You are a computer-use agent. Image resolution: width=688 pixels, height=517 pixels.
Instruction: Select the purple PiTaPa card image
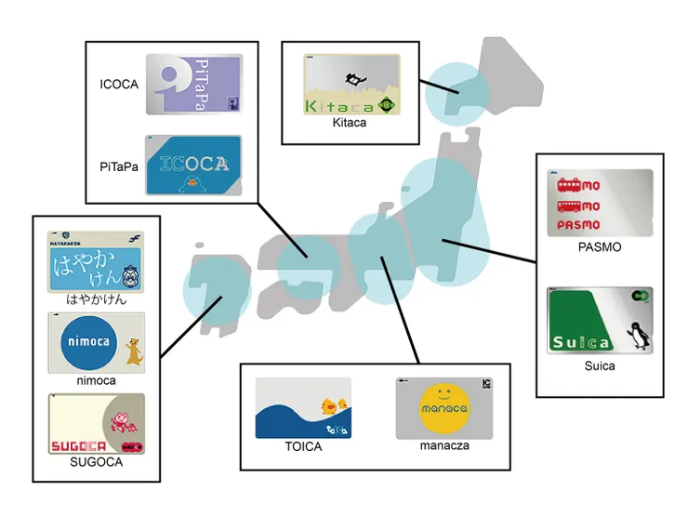click(x=193, y=85)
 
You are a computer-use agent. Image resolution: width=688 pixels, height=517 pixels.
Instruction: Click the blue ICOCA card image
click(x=193, y=166)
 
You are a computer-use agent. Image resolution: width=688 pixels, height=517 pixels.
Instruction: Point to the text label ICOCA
click(x=118, y=85)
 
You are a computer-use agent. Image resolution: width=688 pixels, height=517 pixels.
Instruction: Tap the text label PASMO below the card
click(x=599, y=247)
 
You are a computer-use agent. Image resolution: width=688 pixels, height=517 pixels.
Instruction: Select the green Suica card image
click(x=600, y=320)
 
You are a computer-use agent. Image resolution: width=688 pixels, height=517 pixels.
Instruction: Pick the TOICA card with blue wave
click(x=303, y=407)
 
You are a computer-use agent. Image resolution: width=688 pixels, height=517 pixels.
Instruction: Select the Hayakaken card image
click(x=96, y=261)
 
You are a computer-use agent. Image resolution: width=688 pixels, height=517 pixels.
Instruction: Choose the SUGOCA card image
click(x=96, y=424)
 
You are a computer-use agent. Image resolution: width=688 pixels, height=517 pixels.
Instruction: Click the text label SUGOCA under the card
click(x=96, y=462)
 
